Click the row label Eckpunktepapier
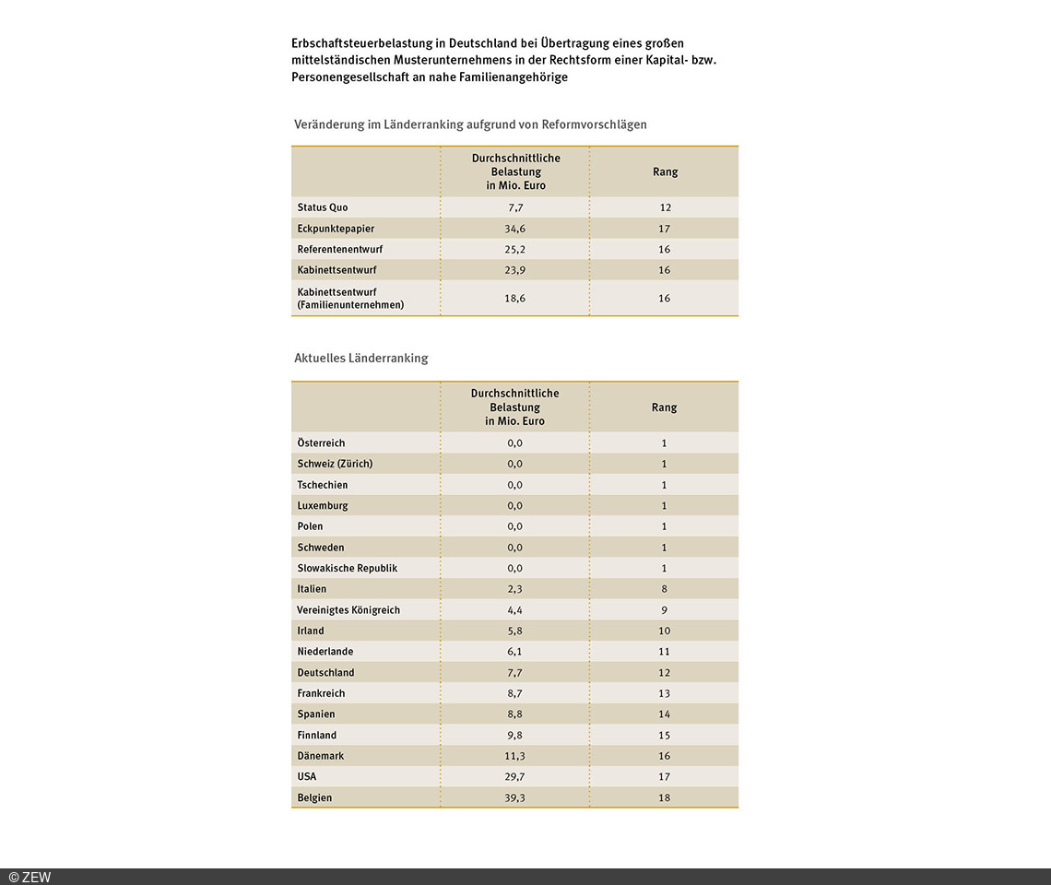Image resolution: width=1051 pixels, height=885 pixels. pos(336,229)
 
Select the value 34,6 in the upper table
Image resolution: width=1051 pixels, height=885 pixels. pos(515,229)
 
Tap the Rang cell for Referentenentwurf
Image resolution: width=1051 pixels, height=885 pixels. pos(665,250)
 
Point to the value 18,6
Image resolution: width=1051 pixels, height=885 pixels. pos(515,299)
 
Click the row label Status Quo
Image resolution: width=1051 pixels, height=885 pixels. pos(323,207)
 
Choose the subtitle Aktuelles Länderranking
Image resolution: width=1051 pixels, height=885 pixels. pos(360,358)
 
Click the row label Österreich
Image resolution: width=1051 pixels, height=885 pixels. pos(321,443)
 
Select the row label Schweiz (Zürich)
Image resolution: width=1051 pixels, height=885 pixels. pos(335,464)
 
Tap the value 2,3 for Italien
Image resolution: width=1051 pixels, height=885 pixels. pos(515,589)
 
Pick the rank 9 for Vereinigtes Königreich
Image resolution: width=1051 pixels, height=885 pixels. pos(665,610)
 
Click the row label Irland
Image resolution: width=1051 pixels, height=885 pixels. pos(311,631)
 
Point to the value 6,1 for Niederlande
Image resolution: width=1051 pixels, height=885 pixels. pos(515,652)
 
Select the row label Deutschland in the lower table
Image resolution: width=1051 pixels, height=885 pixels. pos(325,673)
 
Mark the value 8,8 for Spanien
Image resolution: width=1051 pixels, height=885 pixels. pos(515,714)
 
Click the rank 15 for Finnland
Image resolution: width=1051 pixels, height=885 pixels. pos(665,736)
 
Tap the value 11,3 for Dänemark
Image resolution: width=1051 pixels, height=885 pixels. pos(515,756)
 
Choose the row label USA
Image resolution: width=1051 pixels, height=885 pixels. pos(307,777)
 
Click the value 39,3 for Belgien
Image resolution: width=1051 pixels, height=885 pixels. pos(515,798)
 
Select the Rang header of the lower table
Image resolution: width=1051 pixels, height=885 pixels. pos(665,407)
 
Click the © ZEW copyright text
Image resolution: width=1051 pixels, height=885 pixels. pos(30,877)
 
